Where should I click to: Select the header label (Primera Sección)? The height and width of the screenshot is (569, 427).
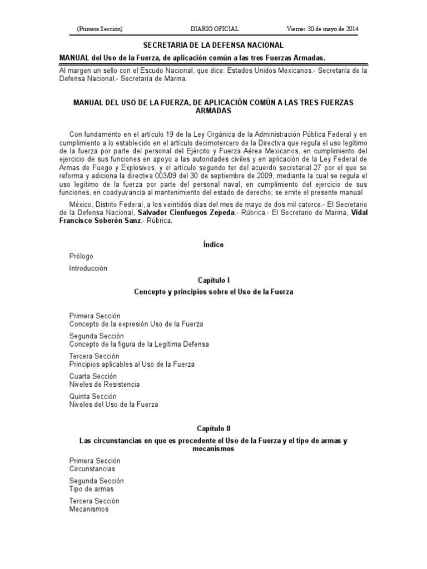click(x=100, y=29)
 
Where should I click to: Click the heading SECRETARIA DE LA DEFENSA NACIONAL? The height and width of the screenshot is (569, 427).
click(x=213, y=45)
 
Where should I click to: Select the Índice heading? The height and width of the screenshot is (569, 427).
click(x=213, y=244)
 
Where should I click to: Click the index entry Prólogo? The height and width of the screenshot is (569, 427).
click(x=81, y=256)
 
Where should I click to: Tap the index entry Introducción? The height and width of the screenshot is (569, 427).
click(x=88, y=268)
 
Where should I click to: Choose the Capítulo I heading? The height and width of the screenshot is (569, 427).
click(x=213, y=281)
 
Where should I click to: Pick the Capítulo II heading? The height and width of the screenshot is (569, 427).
click(x=213, y=429)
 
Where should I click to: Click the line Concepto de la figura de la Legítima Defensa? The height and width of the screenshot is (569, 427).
click(x=139, y=344)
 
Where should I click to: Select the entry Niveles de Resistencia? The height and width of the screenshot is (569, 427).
click(x=105, y=384)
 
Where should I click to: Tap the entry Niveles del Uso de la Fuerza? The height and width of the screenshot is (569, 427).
click(x=113, y=405)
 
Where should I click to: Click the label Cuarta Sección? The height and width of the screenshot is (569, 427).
click(x=93, y=376)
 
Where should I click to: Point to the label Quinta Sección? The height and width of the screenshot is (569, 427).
click(x=93, y=396)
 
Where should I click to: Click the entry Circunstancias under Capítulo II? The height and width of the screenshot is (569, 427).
click(x=92, y=469)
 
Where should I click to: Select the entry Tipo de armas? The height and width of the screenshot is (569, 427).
click(x=91, y=489)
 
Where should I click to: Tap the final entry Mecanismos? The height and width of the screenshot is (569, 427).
click(x=89, y=509)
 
